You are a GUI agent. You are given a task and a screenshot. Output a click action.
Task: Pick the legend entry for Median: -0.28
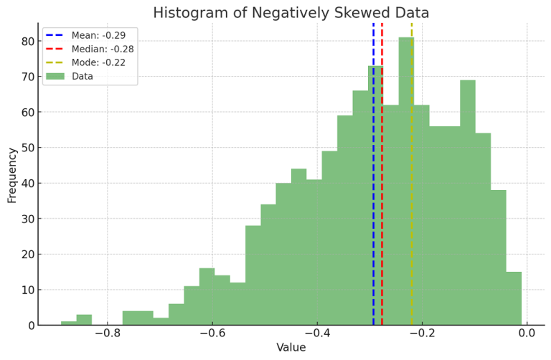pyautogui.click(x=102, y=49)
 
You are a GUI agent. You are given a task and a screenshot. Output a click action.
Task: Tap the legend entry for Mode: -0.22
pyautogui.click(x=98, y=62)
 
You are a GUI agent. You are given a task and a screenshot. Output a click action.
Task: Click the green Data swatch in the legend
pyautogui.click(x=55, y=76)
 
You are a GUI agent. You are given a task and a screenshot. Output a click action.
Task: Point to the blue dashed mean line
pyautogui.click(x=373, y=179)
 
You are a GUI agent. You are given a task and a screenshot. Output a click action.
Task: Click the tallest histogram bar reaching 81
pyautogui.click(x=406, y=179)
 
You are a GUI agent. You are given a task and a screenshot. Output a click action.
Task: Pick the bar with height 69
pyautogui.click(x=468, y=201)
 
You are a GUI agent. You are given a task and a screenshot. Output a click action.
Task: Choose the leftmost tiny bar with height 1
pyautogui.click(x=69, y=323)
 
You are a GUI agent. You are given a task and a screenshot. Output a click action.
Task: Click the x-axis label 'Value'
pyautogui.click(x=291, y=348)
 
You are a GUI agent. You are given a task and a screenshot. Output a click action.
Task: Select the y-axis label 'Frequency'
pyautogui.click(x=12, y=175)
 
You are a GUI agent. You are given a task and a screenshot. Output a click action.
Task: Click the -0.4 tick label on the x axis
pyautogui.click(x=317, y=333)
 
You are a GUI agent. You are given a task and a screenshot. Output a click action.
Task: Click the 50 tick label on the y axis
pyautogui.click(x=27, y=148)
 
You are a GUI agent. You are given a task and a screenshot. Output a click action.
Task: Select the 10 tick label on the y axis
pyautogui.click(x=27, y=290)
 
